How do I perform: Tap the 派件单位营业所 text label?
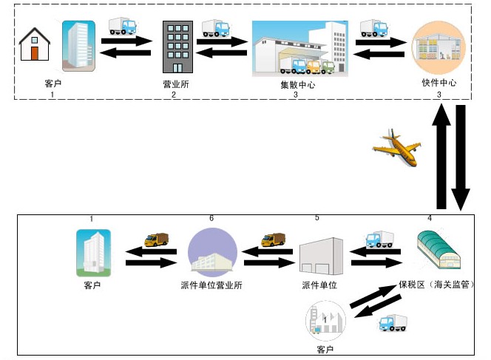(212, 285)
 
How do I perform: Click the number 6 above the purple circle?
(212, 219)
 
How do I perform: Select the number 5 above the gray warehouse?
(317, 218)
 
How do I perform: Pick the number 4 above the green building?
(430, 218)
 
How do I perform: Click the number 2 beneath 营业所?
(174, 95)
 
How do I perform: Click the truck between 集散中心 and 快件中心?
(375, 28)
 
